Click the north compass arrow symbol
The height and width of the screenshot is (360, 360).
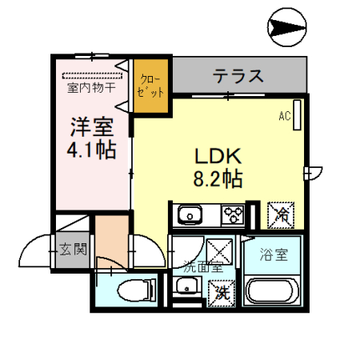point(286,29)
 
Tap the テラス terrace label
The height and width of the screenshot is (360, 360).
point(238,77)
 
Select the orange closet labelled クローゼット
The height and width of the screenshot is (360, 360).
point(150,86)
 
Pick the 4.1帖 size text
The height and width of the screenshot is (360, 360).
point(89,149)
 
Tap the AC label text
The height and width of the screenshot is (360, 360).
point(284,117)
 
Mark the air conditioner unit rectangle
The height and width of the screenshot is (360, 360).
point(298,114)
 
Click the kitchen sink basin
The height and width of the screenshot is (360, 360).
point(190,214)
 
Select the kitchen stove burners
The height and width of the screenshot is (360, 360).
point(234,214)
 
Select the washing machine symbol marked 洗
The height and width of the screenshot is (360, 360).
point(222,290)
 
